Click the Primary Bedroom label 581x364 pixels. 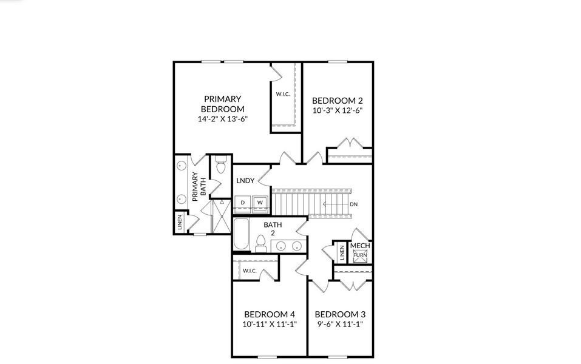pos(222,104)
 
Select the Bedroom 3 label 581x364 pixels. pos(340,314)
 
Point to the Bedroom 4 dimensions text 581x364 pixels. pos(269,324)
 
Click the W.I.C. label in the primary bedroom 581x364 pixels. pos(282,94)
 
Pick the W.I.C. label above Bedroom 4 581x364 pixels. pos(250,271)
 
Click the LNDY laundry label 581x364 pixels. pos(245,180)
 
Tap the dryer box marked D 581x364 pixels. pos(243,202)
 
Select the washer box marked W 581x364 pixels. pos(259,202)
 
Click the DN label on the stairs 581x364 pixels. pos(353,204)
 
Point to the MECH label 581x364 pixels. pos(360,246)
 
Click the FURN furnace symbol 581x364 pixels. pos(359,255)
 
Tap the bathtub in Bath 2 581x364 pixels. pos(241,235)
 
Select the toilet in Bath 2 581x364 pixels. pos(261,244)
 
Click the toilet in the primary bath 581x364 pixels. pos(220,164)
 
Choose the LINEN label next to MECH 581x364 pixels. pos(342,252)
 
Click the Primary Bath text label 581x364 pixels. pos(199,187)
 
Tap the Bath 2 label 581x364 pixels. pos(273,229)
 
